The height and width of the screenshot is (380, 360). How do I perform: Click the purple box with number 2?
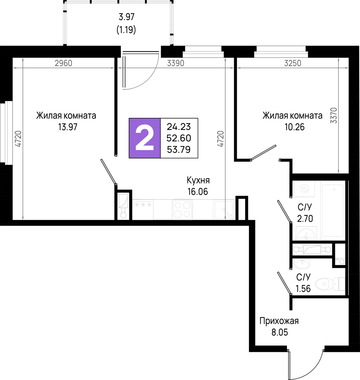tap(145, 138)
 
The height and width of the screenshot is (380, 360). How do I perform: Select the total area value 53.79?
tap(179, 149)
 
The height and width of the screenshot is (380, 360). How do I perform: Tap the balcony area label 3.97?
tap(126, 17)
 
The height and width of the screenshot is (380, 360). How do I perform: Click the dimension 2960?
tap(63, 63)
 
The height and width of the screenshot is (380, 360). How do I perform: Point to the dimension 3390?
tap(176, 63)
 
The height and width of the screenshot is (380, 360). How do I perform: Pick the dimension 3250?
tap(293, 63)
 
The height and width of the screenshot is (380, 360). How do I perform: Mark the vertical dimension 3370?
tap(334, 116)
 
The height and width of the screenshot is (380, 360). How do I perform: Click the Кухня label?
tap(198, 180)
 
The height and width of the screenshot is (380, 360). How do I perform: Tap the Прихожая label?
tap(279, 321)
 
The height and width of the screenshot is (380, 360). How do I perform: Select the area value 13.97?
tap(68, 127)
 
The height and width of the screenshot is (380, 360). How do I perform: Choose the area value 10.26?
tap(294, 127)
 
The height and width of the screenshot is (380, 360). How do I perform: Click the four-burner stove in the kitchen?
tap(182, 210)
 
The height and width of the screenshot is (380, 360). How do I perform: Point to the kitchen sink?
tap(224, 210)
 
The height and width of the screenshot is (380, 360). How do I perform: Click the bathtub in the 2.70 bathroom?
tap(333, 211)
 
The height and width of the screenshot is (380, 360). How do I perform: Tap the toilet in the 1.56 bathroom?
tap(330, 283)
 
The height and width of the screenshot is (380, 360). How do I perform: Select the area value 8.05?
tap(279, 332)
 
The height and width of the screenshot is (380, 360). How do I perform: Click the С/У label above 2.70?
tap(305, 207)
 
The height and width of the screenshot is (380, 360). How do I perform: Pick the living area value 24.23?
tap(179, 127)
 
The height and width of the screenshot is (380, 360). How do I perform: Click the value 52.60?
tap(179, 138)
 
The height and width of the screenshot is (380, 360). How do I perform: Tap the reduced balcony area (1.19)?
tap(126, 30)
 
